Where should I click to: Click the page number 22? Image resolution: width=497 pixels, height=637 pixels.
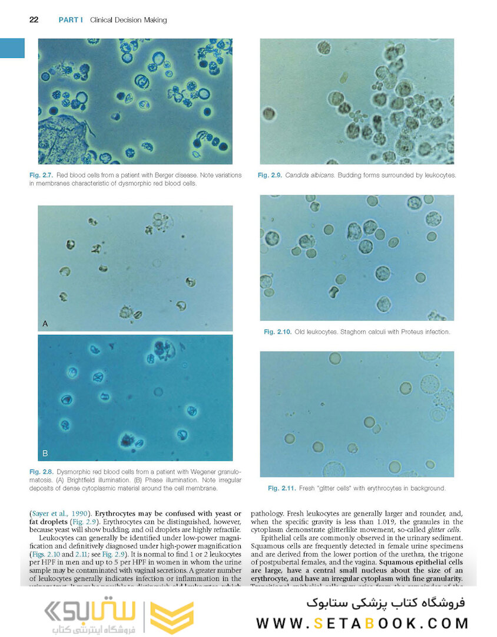tap(34, 20)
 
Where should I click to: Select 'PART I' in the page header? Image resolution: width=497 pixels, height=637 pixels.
tap(71, 20)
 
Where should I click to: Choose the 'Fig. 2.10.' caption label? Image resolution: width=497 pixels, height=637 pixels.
tap(277, 332)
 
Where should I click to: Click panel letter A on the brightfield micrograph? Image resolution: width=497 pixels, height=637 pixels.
tap(45, 323)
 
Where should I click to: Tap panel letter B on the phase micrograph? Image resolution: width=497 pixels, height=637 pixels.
tap(45, 454)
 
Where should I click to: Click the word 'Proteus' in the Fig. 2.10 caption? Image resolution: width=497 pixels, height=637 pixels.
tap(402, 332)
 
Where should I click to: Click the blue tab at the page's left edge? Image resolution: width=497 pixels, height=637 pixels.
tap(12, 48)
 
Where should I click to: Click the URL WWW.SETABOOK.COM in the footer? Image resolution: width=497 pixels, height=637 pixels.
tap(363, 623)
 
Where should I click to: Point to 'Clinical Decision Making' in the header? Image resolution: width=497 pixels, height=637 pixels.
tap(128, 20)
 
